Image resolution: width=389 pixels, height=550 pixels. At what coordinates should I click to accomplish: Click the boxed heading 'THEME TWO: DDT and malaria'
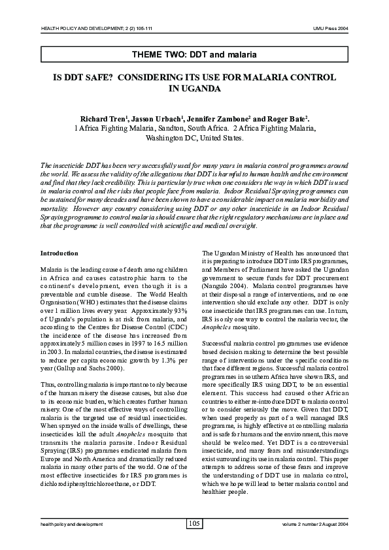(194, 52)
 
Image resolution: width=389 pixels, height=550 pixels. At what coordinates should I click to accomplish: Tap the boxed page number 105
(194, 523)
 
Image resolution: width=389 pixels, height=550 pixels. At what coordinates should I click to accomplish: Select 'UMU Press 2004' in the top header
(331, 29)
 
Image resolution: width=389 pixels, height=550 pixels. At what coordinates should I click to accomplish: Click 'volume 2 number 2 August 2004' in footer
(315, 524)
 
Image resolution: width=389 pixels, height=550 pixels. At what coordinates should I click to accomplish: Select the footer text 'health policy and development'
(72, 524)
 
